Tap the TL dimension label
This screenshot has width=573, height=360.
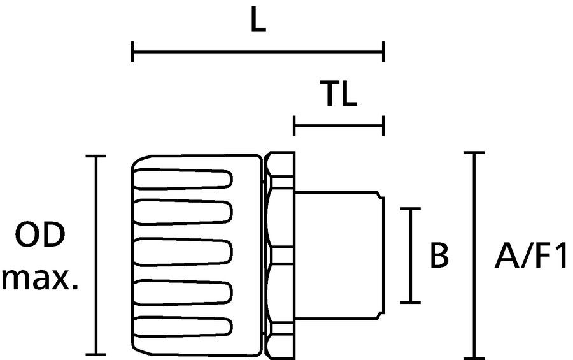tap(338, 94)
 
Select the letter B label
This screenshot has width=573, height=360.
tap(439, 255)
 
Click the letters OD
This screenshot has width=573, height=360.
tap(40, 234)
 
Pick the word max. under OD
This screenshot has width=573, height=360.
tap(40, 279)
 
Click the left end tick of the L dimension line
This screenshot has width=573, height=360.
tap(132, 52)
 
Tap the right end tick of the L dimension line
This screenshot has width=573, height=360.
tap(383, 52)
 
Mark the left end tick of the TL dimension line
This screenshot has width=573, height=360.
tap(294, 126)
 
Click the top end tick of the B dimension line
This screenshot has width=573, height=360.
tap(411, 208)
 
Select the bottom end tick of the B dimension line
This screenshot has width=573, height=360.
tap(411, 302)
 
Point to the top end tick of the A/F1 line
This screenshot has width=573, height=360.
tap(474, 152)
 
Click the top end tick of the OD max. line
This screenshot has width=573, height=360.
tap(96, 156)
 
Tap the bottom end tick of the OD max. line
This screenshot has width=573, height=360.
tap(96, 354)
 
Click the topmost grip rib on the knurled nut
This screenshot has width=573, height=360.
tap(183, 179)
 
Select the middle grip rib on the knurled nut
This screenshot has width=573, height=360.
tap(183, 252)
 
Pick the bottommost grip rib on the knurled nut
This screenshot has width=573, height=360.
tap(183, 327)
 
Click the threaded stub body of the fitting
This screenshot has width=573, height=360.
tap(339, 255)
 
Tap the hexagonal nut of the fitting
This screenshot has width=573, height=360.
tap(280, 255)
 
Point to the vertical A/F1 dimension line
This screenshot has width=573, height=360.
tap(474, 255)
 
